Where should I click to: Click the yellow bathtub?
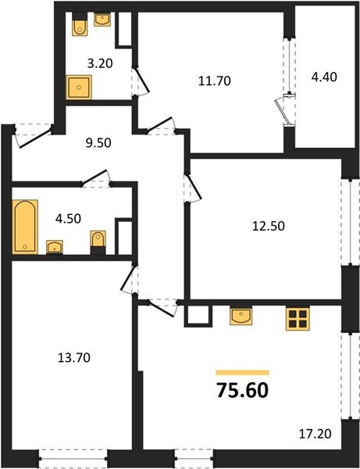point(25,227)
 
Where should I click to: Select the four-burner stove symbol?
point(298,317)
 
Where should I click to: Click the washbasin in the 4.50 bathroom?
point(55,248)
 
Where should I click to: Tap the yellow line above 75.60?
point(242,372)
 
